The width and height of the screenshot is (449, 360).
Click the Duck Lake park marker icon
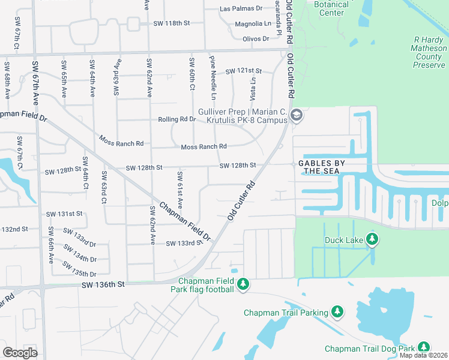pyautogui.click(x=372, y=240)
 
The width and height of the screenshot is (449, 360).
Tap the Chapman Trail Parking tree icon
pyautogui.click(x=337, y=311)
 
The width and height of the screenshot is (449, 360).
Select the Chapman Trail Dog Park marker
pyautogui.click(x=424, y=347)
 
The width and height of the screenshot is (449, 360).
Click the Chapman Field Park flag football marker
pyautogui.click(x=243, y=284)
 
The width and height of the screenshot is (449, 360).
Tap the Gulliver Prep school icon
pyautogui.click(x=296, y=115)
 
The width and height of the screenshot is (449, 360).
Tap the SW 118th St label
pyautogui.click(x=172, y=23)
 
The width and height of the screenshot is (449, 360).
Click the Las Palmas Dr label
pyautogui.click(x=241, y=8)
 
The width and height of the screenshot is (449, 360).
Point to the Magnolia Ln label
pyautogui.click(x=253, y=24)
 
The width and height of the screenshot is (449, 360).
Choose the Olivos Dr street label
pyautogui.click(x=256, y=38)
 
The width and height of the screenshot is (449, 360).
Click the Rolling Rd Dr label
pyautogui.click(x=176, y=119)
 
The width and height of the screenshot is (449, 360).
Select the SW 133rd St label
pyautogui.click(x=184, y=243)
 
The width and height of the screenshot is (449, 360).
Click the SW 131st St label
pyautogui.click(x=64, y=214)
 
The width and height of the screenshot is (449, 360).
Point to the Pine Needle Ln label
pyautogui.click(x=212, y=78)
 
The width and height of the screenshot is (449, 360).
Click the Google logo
pyautogui.click(x=20, y=352)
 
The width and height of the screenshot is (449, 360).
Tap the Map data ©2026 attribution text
pyautogui.click(x=423, y=355)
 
